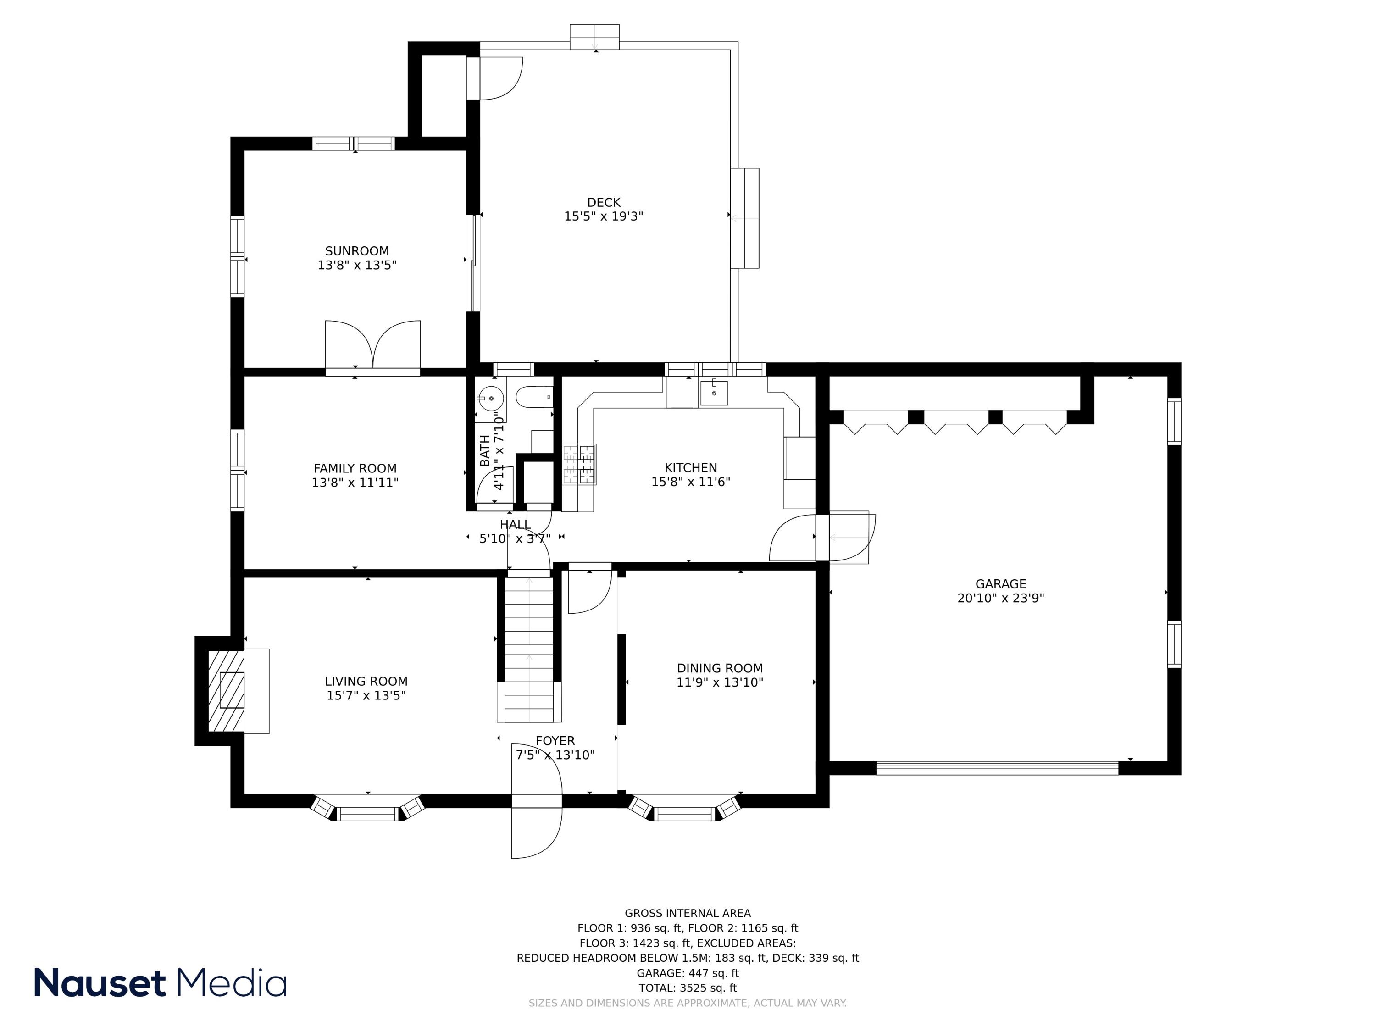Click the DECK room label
tap(604, 202)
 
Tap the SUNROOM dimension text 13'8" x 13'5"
tap(357, 266)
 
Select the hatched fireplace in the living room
tap(225, 690)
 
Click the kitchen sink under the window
tap(714, 393)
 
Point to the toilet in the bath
tap(534, 397)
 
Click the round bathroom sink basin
tap(490, 397)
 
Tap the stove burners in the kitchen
tap(579, 464)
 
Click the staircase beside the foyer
tap(529, 647)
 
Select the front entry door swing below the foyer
tap(536, 832)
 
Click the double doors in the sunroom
tap(372, 345)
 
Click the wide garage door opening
tap(997, 768)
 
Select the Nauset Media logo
tap(161, 983)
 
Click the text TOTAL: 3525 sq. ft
tap(688, 988)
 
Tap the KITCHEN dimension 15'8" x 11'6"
tap(690, 482)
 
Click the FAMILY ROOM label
tap(355, 468)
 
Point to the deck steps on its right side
tap(744, 218)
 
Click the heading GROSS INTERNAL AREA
tap(688, 913)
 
